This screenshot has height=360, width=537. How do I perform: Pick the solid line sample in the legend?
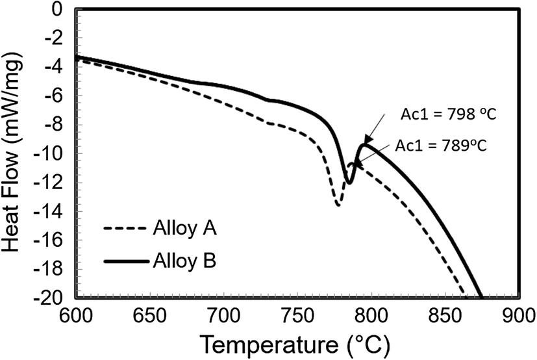(x=126, y=262)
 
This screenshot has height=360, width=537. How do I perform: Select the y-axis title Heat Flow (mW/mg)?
(x=14, y=154)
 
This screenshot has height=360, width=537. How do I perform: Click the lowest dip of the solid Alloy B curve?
(x=349, y=183)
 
